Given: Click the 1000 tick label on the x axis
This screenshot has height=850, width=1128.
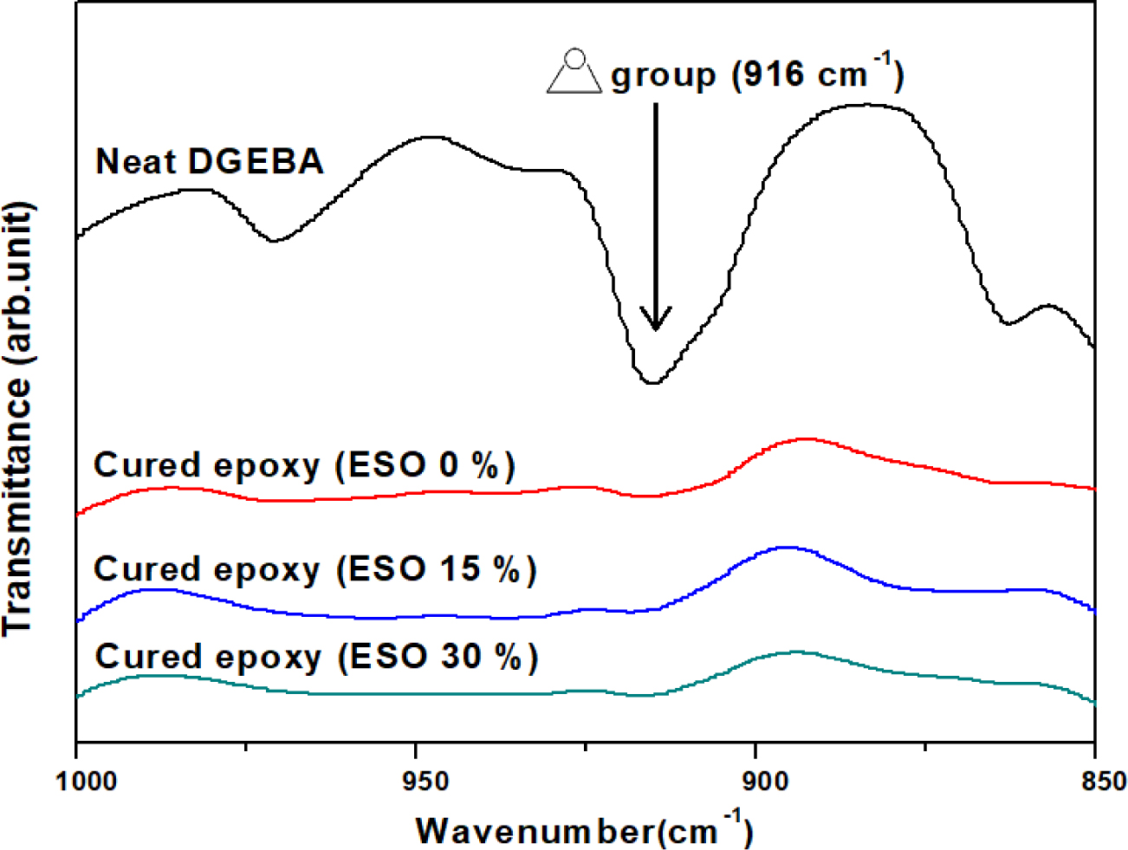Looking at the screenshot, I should tap(86, 781).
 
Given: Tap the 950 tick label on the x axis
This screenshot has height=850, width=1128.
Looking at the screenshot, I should tap(418, 781).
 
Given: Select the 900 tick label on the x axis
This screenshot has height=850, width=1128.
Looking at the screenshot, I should tap(757, 781).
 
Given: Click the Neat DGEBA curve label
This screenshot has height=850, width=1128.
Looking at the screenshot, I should tap(209, 162).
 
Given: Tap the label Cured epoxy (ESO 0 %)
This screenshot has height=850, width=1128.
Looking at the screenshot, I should tap(304, 466).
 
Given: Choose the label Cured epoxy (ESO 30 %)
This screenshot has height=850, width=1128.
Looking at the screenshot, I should tap(316, 657).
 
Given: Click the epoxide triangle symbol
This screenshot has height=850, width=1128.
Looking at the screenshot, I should tap(574, 74).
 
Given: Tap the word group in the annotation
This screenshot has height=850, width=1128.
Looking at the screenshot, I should tap(664, 76).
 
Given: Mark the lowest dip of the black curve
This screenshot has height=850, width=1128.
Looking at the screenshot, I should tap(652, 382).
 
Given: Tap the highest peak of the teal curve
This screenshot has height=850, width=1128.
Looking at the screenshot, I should tap(796, 652).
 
